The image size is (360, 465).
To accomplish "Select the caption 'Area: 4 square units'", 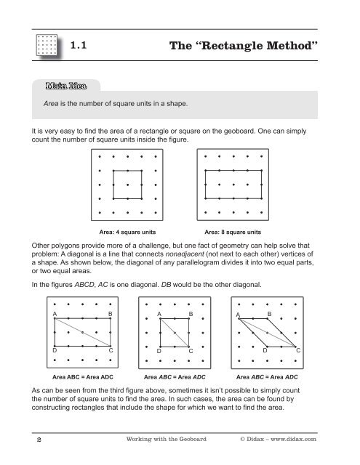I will click(x=128, y=232).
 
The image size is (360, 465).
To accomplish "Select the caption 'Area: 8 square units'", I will click(x=234, y=232).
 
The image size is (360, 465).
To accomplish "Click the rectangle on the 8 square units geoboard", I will click(x=234, y=185).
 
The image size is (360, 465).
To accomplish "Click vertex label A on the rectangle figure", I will click(x=55, y=313).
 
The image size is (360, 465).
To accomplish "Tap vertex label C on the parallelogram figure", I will click(x=299, y=351).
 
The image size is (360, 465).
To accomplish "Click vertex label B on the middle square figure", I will click(x=191, y=313).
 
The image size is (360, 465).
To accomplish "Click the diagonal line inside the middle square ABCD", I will click(x=175, y=331).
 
